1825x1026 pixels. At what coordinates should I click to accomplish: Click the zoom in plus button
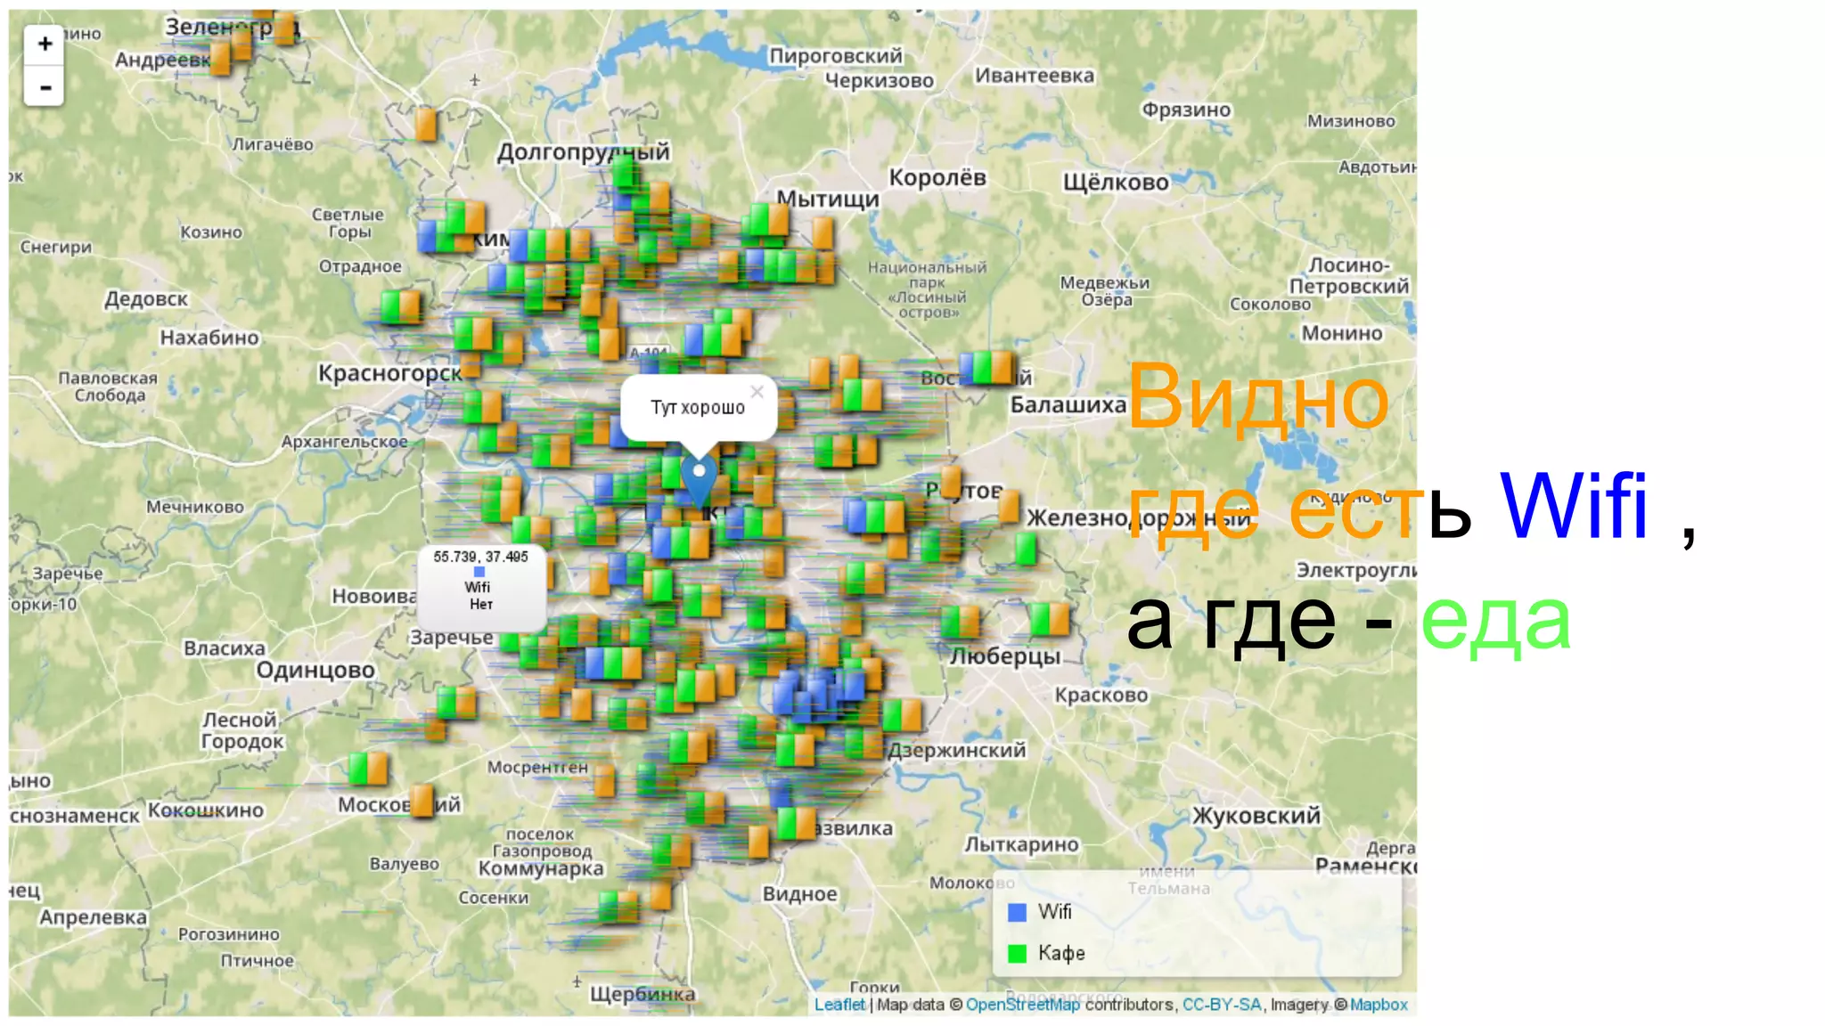pos(45,44)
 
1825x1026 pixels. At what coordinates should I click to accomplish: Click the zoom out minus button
pos(45,87)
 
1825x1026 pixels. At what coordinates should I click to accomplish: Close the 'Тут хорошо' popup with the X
pos(757,392)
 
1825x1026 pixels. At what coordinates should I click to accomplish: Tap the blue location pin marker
pos(699,477)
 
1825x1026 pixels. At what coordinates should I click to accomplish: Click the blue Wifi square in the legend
pos(1017,912)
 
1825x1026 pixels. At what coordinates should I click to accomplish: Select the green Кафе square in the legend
pos(1017,954)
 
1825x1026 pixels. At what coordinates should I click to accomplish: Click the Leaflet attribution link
pos(839,1005)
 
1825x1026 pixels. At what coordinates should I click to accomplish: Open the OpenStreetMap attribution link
pos(1022,1005)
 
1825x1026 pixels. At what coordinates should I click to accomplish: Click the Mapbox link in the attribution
pos(1379,1005)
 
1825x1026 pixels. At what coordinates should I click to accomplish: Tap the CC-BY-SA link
pos(1221,1005)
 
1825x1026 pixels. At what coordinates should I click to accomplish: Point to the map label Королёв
pos(937,178)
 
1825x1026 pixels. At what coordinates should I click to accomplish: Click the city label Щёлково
pos(1116,183)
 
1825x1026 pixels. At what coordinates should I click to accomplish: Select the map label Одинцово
pos(315,671)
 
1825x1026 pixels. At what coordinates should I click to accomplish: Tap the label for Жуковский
pos(1256,816)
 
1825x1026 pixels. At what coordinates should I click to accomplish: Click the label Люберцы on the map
pos(1005,657)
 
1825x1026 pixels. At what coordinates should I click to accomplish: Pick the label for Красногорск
pos(390,374)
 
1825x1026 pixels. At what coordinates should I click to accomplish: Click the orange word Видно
pos(1257,398)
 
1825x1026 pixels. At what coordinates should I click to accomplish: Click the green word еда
pos(1495,622)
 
